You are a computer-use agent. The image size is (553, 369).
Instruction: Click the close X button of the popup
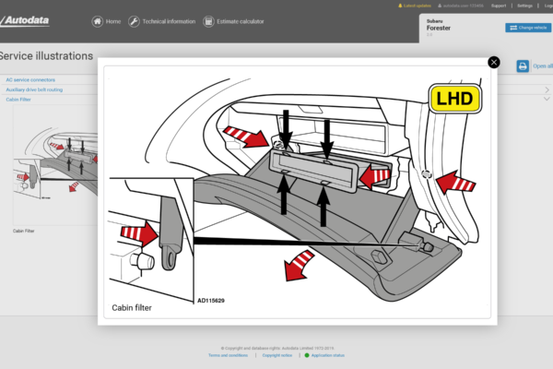click(x=494, y=62)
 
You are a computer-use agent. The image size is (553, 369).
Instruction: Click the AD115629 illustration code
click(x=210, y=301)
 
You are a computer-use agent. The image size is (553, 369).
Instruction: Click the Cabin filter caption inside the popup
click(x=132, y=307)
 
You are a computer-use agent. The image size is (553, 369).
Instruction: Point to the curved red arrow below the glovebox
click(x=298, y=266)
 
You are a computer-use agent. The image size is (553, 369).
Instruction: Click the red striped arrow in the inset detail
click(x=137, y=235)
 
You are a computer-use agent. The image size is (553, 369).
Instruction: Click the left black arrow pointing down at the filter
click(x=286, y=124)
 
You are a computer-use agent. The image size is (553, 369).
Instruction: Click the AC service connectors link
click(x=30, y=80)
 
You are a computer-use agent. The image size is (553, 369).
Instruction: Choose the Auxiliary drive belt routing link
click(x=35, y=89)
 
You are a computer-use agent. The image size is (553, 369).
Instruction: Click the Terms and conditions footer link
click(x=226, y=355)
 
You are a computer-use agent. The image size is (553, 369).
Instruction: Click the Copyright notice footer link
click(x=276, y=355)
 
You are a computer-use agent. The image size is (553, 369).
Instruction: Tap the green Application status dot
click(x=307, y=355)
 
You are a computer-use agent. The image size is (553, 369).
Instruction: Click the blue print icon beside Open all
click(x=523, y=66)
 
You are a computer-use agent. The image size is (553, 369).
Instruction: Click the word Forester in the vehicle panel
click(x=439, y=28)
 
